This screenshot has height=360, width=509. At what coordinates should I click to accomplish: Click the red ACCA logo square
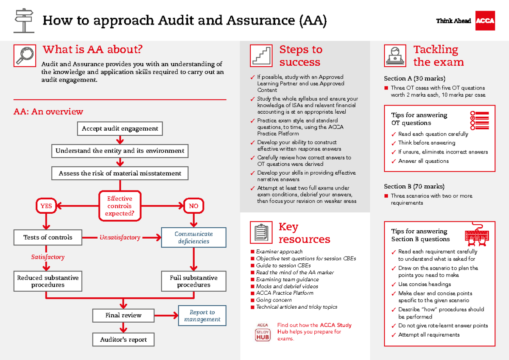(485, 21)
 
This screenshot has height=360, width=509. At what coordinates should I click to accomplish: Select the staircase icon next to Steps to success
(261, 56)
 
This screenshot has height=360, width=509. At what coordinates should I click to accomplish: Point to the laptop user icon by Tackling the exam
(395, 56)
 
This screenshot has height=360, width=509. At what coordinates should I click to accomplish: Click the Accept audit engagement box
(120, 128)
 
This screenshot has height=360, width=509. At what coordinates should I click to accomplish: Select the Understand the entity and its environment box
(120, 151)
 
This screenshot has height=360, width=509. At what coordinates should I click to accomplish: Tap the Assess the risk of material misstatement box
(120, 173)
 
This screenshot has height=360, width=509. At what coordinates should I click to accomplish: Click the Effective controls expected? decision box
(120, 206)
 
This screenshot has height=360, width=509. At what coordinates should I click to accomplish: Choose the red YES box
(46, 206)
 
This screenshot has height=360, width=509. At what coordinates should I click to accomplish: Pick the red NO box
(193, 206)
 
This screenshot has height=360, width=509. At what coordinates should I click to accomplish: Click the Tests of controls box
(48, 237)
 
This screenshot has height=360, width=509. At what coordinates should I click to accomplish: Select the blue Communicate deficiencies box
(194, 237)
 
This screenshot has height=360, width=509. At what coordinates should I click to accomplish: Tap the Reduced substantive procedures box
(48, 282)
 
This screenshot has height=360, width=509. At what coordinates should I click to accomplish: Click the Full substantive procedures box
(194, 282)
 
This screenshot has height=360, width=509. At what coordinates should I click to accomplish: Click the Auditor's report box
(123, 340)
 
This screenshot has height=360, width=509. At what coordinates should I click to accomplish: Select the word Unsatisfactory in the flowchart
(120, 237)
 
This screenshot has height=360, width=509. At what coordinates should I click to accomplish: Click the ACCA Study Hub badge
(263, 332)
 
